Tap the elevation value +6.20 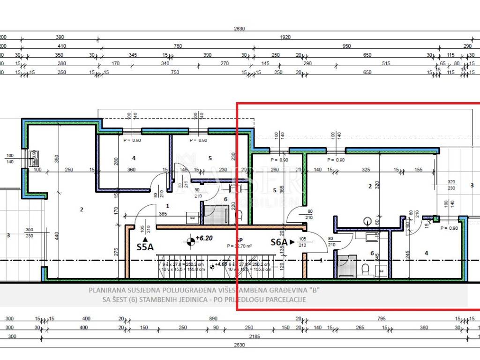click(x=204, y=238)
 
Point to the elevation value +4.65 click(x=222, y=264)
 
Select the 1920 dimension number click(x=285, y=37)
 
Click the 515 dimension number click(x=386, y=63)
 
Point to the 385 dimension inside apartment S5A click(x=163, y=213)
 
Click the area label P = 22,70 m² click(x=240, y=246)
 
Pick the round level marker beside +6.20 click(x=191, y=242)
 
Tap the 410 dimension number click(x=61, y=46)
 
